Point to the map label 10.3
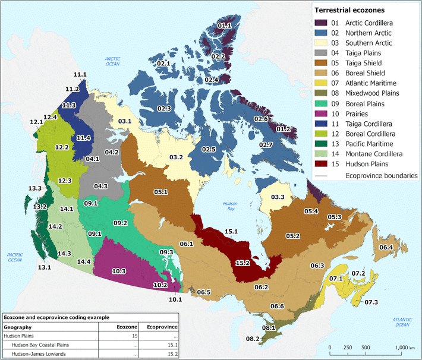(118, 271)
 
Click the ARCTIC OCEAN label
(113, 61)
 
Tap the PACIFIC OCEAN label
(15, 257)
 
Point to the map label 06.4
(386, 247)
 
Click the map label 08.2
(253, 339)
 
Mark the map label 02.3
(164, 108)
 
